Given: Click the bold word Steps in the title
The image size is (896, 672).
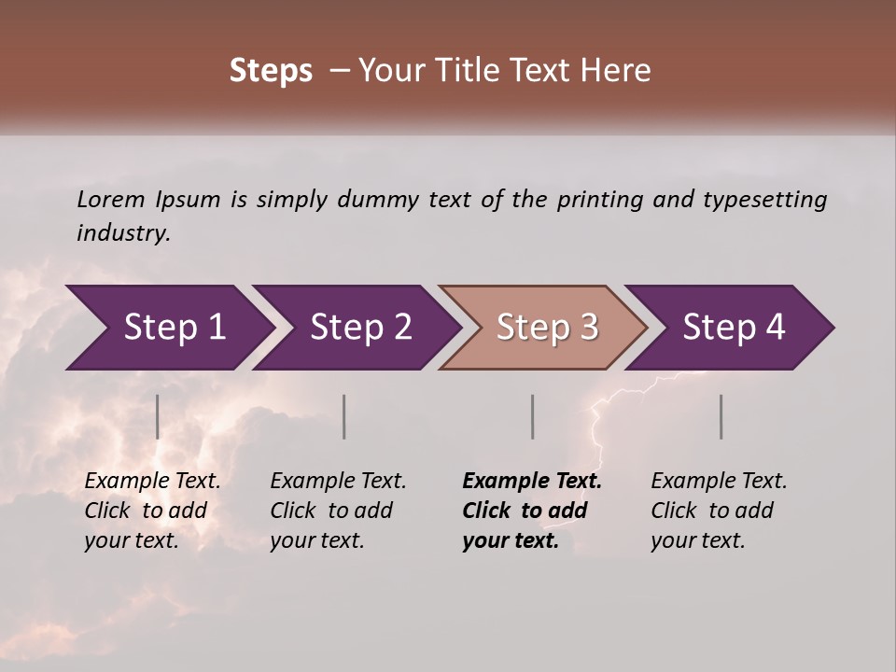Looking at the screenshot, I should click(271, 71).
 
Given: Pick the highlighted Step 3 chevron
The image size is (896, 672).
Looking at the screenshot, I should click(543, 328).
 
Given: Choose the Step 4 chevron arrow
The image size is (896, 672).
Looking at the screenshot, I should click(732, 328).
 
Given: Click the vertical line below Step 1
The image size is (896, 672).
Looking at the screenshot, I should click(158, 416).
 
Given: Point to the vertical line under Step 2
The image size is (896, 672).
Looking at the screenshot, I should click(344, 416).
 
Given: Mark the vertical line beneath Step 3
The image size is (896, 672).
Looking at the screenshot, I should click(533, 416).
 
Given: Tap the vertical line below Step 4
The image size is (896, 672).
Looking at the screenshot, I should click(721, 416).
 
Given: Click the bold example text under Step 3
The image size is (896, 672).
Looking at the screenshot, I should click(532, 511).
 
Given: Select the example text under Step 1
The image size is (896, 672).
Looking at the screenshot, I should click(152, 511).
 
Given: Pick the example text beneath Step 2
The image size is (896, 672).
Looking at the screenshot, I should click(338, 511).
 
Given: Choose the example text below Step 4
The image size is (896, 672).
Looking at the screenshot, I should click(719, 511).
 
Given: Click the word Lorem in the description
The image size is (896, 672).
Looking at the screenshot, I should click(111, 200).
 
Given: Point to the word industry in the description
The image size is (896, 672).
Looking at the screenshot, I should click(123, 233).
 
